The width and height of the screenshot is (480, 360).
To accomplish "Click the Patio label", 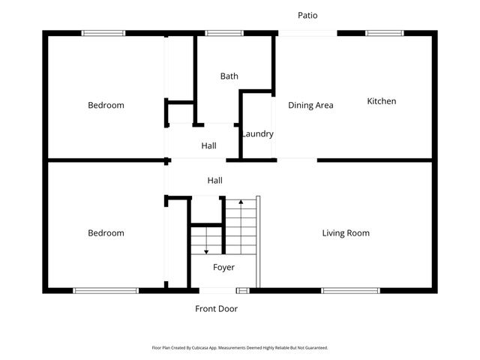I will pos(307,15).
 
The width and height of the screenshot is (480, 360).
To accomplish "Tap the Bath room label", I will pos(229,76).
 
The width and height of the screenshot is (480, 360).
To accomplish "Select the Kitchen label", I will pos(381,101).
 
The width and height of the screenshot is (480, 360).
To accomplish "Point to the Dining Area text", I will pos(310,106).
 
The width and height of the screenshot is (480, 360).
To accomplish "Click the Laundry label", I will pos(257,134).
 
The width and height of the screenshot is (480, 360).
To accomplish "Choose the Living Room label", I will pos(346,233).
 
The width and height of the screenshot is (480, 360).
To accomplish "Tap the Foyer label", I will pos(223,268).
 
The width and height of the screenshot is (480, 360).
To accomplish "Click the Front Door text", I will pos(217,308).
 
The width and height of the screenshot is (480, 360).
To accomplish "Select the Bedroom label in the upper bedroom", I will pos(106,106).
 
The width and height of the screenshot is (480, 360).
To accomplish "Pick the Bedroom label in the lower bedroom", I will pos(106,233).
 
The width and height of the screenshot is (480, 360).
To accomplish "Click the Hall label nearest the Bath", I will pos(208,146).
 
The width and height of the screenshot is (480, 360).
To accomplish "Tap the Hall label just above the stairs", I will pos(215,181).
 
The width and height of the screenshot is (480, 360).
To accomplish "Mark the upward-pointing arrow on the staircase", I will pos(241,202).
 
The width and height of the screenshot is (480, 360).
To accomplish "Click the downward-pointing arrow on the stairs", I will pos(205,250).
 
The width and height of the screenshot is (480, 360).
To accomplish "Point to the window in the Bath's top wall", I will pos(218,33).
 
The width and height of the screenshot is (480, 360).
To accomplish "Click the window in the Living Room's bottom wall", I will pos(350,290).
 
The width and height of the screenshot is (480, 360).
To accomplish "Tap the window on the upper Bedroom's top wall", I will pos(103,33).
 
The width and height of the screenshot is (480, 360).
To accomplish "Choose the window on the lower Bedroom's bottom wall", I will pos(105,290).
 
